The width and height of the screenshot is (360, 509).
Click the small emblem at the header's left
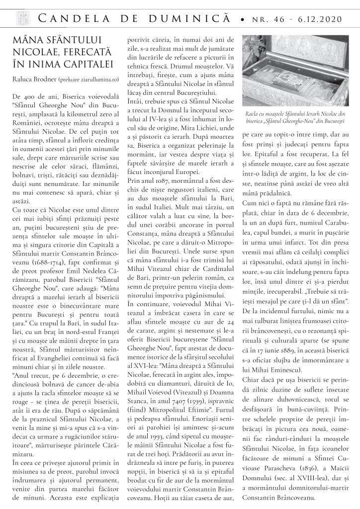pos(20,18)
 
